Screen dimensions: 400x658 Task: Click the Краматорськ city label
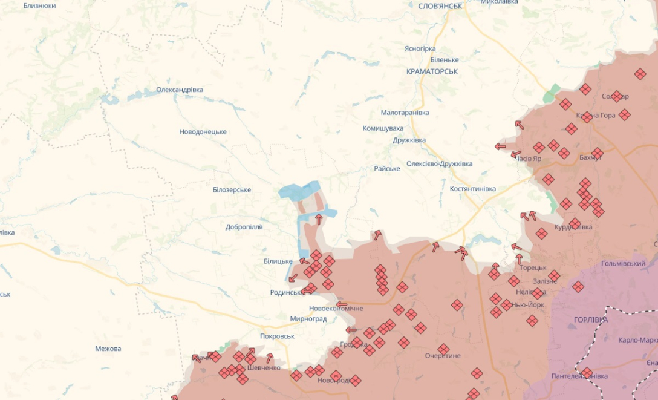click(x=432, y=71)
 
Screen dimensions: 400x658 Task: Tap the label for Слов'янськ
click(x=440, y=6)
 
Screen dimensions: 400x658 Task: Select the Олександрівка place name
click(x=180, y=90)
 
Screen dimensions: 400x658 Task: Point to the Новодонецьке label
click(x=203, y=132)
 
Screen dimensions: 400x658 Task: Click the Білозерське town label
click(x=232, y=190)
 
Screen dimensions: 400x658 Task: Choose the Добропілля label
click(x=244, y=228)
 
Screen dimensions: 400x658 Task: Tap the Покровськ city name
click(x=276, y=336)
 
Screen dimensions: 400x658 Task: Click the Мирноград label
click(x=308, y=319)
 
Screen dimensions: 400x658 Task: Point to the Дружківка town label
click(x=409, y=140)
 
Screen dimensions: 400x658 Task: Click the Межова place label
click(x=108, y=349)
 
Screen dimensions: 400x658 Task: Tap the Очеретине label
click(x=442, y=356)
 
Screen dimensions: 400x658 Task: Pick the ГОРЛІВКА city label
click(x=591, y=320)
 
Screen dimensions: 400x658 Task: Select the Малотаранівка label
click(x=405, y=113)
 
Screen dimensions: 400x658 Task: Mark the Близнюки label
click(x=39, y=5)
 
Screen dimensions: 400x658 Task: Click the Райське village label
click(x=386, y=169)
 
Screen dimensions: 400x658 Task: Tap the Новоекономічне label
click(x=336, y=309)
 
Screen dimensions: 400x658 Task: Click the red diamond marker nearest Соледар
click(x=616, y=96)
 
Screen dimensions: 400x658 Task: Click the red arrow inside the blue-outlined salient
click(x=318, y=218)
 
